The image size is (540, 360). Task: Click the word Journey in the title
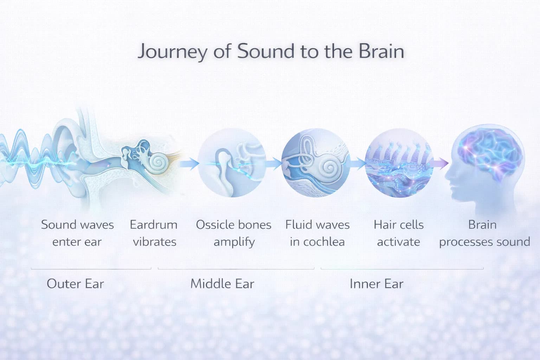[x=172, y=51]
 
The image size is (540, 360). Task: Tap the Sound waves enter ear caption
[x=77, y=233]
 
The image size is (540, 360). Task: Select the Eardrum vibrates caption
[x=154, y=233]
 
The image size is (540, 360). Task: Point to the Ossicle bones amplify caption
[x=234, y=233]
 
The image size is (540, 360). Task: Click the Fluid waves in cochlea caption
[x=317, y=233]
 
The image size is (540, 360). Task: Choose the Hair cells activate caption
[x=399, y=233]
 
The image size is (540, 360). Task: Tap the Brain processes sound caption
[x=484, y=233]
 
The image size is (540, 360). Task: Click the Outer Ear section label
[x=75, y=284]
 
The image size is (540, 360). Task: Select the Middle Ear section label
[x=222, y=284]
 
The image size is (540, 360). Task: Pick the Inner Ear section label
[x=376, y=284]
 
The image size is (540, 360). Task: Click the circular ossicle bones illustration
[x=232, y=163]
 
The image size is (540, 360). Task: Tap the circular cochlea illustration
[x=316, y=163]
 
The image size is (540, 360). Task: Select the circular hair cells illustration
[x=399, y=163]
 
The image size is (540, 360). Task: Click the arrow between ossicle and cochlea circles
[x=274, y=163]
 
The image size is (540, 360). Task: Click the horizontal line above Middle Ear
[x=236, y=269]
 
